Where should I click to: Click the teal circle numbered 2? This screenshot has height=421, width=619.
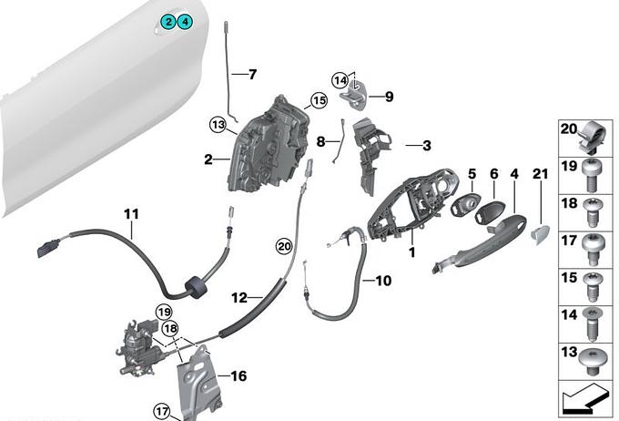click(x=168, y=22)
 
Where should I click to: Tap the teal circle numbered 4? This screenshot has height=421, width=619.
click(x=184, y=22)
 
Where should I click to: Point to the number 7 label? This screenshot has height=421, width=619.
click(x=252, y=74)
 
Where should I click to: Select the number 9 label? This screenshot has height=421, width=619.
click(x=388, y=96)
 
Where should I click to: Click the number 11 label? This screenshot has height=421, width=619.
click(x=132, y=215)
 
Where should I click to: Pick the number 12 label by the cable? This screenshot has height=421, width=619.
click(x=239, y=297)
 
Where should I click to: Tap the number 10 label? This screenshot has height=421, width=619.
click(x=383, y=281)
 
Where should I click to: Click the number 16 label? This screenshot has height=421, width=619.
click(x=238, y=375)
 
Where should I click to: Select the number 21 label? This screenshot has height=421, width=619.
click(x=537, y=173)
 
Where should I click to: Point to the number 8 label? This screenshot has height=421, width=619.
click(x=320, y=142)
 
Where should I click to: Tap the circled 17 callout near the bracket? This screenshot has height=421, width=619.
click(x=162, y=409)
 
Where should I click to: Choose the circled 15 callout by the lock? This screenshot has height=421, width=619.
click(x=318, y=100)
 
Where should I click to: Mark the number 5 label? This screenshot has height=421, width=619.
click(x=472, y=173)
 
